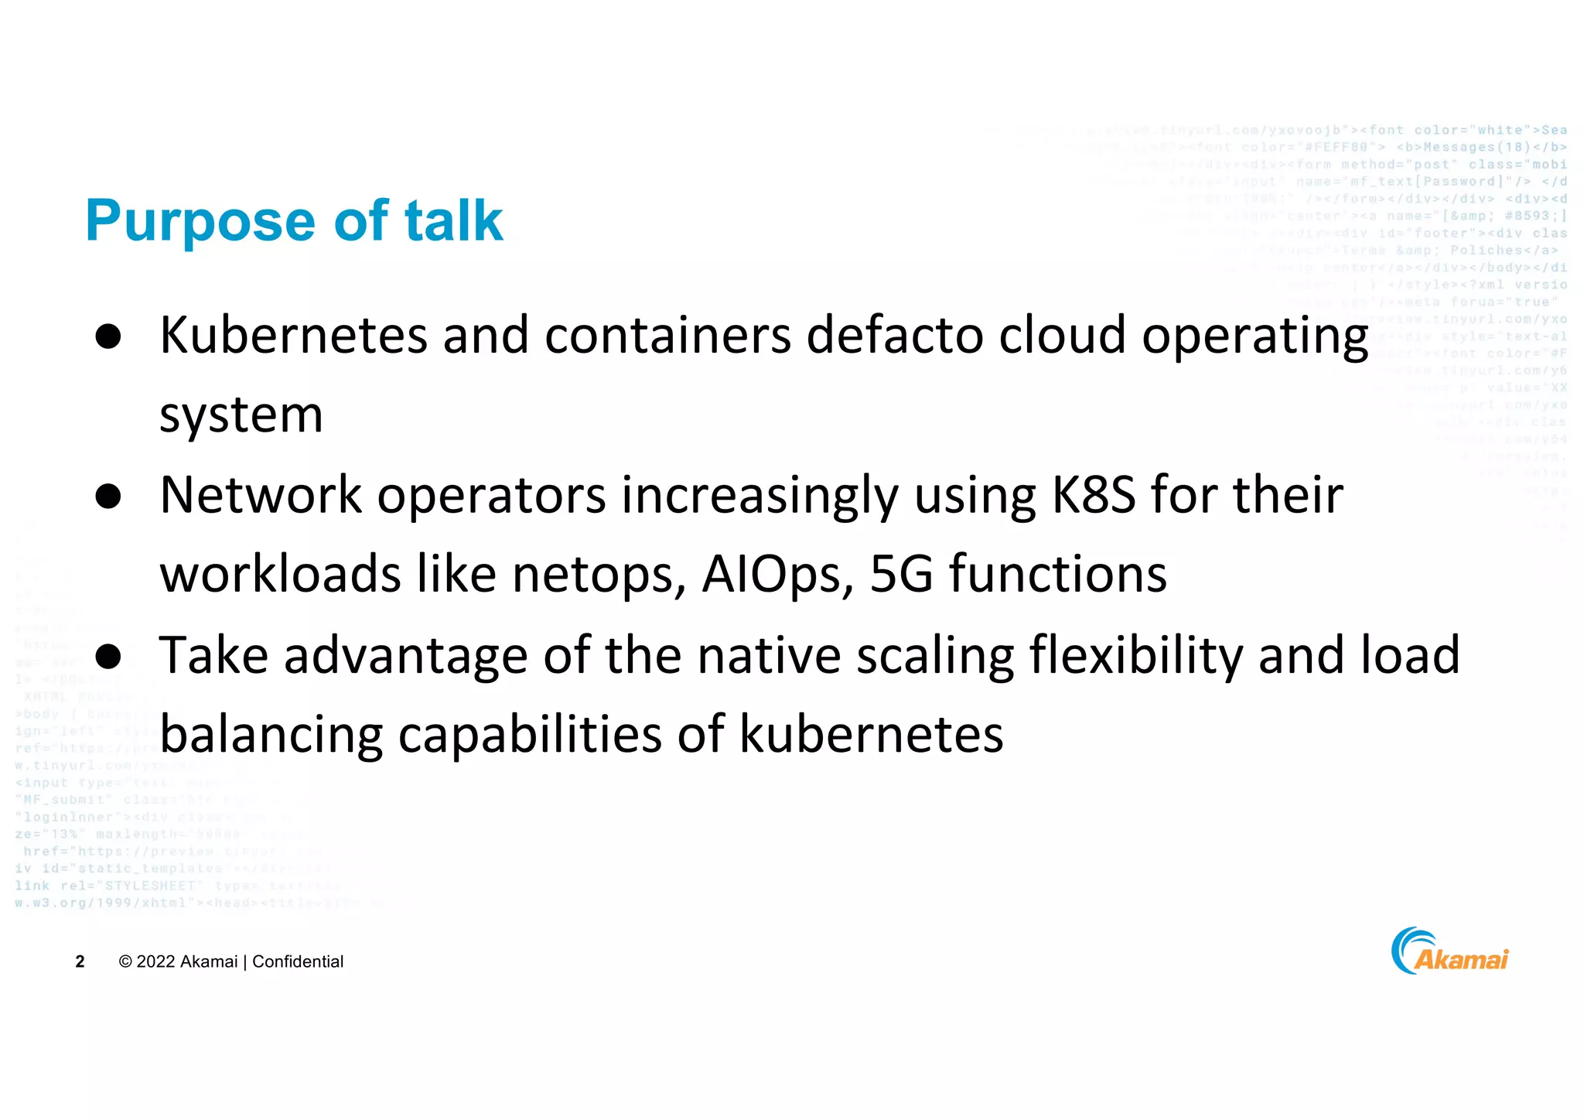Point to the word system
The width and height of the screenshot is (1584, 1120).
click(x=241, y=416)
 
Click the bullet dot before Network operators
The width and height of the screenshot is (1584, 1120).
click(x=109, y=497)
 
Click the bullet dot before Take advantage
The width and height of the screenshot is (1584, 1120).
click(x=109, y=656)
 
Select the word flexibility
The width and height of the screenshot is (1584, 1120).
click(x=1135, y=656)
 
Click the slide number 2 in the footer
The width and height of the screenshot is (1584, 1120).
click(x=80, y=961)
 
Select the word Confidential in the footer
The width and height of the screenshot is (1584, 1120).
click(x=298, y=961)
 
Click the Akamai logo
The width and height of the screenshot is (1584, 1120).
click(x=1449, y=951)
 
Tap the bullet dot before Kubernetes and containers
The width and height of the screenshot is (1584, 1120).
click(x=109, y=337)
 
